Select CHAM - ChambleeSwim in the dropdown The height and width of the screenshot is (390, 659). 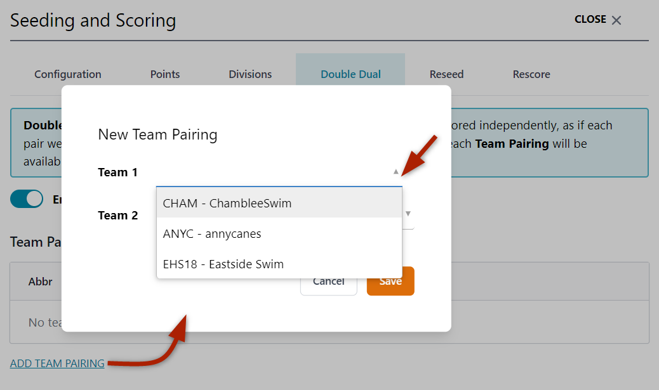(227, 204)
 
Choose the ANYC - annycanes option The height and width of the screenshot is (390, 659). (212, 233)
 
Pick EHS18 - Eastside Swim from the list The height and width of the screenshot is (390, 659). (223, 264)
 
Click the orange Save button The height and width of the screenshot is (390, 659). (390, 281)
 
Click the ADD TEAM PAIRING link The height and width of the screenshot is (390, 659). (57, 363)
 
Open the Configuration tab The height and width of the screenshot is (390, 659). (68, 74)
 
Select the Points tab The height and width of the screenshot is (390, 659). (165, 74)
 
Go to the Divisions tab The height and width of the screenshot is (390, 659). (250, 74)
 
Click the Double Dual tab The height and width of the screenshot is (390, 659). (350, 74)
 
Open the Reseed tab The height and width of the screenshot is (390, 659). (446, 74)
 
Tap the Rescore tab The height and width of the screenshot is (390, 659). (531, 74)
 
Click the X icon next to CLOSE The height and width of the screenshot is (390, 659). (616, 20)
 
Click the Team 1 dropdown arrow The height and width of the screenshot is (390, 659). (396, 172)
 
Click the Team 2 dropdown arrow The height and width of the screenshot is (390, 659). (408, 214)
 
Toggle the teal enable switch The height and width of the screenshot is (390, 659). (27, 199)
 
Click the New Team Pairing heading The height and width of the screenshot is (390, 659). (157, 134)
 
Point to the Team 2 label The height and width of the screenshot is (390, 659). (117, 216)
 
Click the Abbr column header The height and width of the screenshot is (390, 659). (41, 282)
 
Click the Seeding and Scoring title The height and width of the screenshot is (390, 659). (93, 20)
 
